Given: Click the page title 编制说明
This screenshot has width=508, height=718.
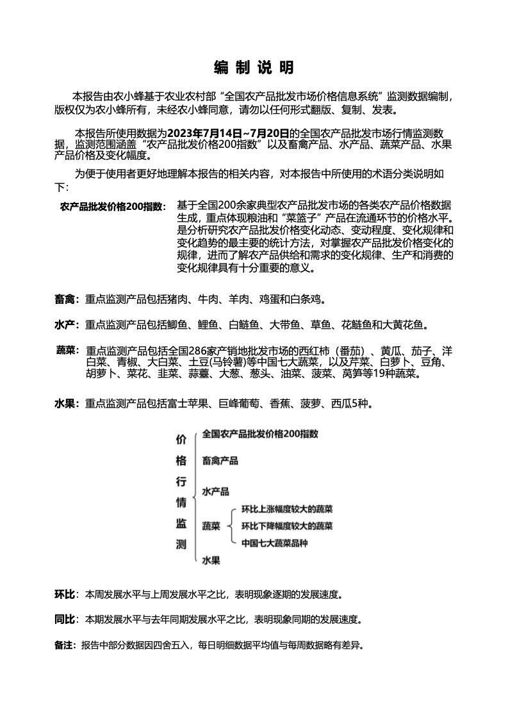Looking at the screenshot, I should [x=254, y=68].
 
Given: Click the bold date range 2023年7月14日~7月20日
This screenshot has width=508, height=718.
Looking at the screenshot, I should [x=228, y=133].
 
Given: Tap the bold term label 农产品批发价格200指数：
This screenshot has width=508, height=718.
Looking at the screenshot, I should [x=113, y=207].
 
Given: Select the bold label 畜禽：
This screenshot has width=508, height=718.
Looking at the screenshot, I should [x=67, y=299].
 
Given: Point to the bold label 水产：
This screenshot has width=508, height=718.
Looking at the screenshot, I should [x=67, y=326].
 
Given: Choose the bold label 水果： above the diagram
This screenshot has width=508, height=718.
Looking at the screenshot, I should [x=67, y=404].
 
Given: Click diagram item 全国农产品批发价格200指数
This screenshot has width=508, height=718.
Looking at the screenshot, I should [x=260, y=434].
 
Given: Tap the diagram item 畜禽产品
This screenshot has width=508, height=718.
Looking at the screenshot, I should [x=220, y=461].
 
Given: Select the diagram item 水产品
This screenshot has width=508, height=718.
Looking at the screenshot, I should [x=215, y=492].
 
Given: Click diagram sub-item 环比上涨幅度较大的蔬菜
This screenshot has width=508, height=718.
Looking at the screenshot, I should [x=286, y=510].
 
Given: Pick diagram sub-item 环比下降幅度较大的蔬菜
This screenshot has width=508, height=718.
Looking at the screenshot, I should [x=286, y=527].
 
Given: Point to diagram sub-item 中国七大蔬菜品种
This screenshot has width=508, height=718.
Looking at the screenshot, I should [x=275, y=543].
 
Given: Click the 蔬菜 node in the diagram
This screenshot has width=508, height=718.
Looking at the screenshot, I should [x=211, y=527].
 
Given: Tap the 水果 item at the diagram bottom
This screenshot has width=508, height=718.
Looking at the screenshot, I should [x=211, y=561].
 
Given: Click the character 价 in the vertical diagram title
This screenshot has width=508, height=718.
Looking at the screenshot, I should [x=181, y=440].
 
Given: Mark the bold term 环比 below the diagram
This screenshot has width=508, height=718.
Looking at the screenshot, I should [x=65, y=594].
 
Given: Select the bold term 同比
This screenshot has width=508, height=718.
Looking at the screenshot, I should [x=65, y=619].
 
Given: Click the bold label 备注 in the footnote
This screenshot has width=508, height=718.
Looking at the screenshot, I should [x=64, y=645].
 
